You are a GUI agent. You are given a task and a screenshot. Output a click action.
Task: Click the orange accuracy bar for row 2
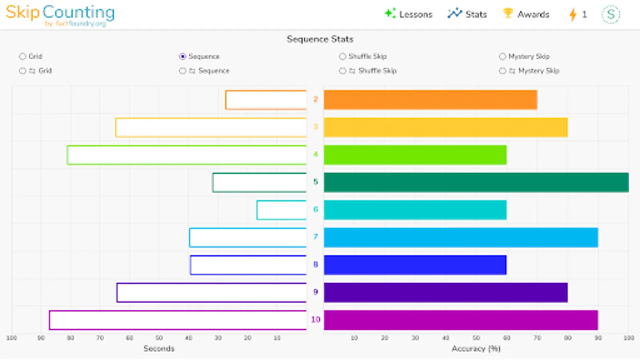pos(430,100)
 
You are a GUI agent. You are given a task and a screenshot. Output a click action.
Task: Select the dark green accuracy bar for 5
pos(476,182)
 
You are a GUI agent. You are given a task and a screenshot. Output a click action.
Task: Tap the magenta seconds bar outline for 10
pos(178,320)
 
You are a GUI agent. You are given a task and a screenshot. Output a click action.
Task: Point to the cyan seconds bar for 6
pos(282,210)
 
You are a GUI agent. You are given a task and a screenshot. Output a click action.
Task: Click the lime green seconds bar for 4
pos(187,155)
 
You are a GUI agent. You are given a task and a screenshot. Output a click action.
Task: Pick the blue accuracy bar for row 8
pos(415,265)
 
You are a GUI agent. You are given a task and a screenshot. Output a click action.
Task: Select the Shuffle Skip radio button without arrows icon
pos(342,56)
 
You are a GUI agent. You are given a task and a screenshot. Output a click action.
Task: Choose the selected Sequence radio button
pos(183,56)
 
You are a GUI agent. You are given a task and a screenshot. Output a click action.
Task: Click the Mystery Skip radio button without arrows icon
pos(502,56)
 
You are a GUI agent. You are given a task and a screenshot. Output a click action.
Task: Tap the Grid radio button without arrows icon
pos(22,56)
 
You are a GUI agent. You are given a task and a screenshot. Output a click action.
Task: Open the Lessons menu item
pos(409,14)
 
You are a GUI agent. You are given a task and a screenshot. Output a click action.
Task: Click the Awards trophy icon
pos(508,14)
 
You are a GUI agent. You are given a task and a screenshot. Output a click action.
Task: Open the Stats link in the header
pos(467,14)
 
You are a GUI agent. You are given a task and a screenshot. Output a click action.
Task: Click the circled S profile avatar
pos(610,14)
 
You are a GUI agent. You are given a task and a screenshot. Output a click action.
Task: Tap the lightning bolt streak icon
pos(573,15)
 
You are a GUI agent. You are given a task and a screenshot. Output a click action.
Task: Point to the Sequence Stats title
pos(320,39)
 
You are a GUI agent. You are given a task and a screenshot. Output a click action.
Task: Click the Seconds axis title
pos(159,348)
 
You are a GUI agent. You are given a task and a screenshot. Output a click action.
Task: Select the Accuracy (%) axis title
pos(476,348)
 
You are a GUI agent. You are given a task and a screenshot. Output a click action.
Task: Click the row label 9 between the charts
pos(316,292)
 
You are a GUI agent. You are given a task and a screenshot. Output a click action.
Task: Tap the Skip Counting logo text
pos(60,12)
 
